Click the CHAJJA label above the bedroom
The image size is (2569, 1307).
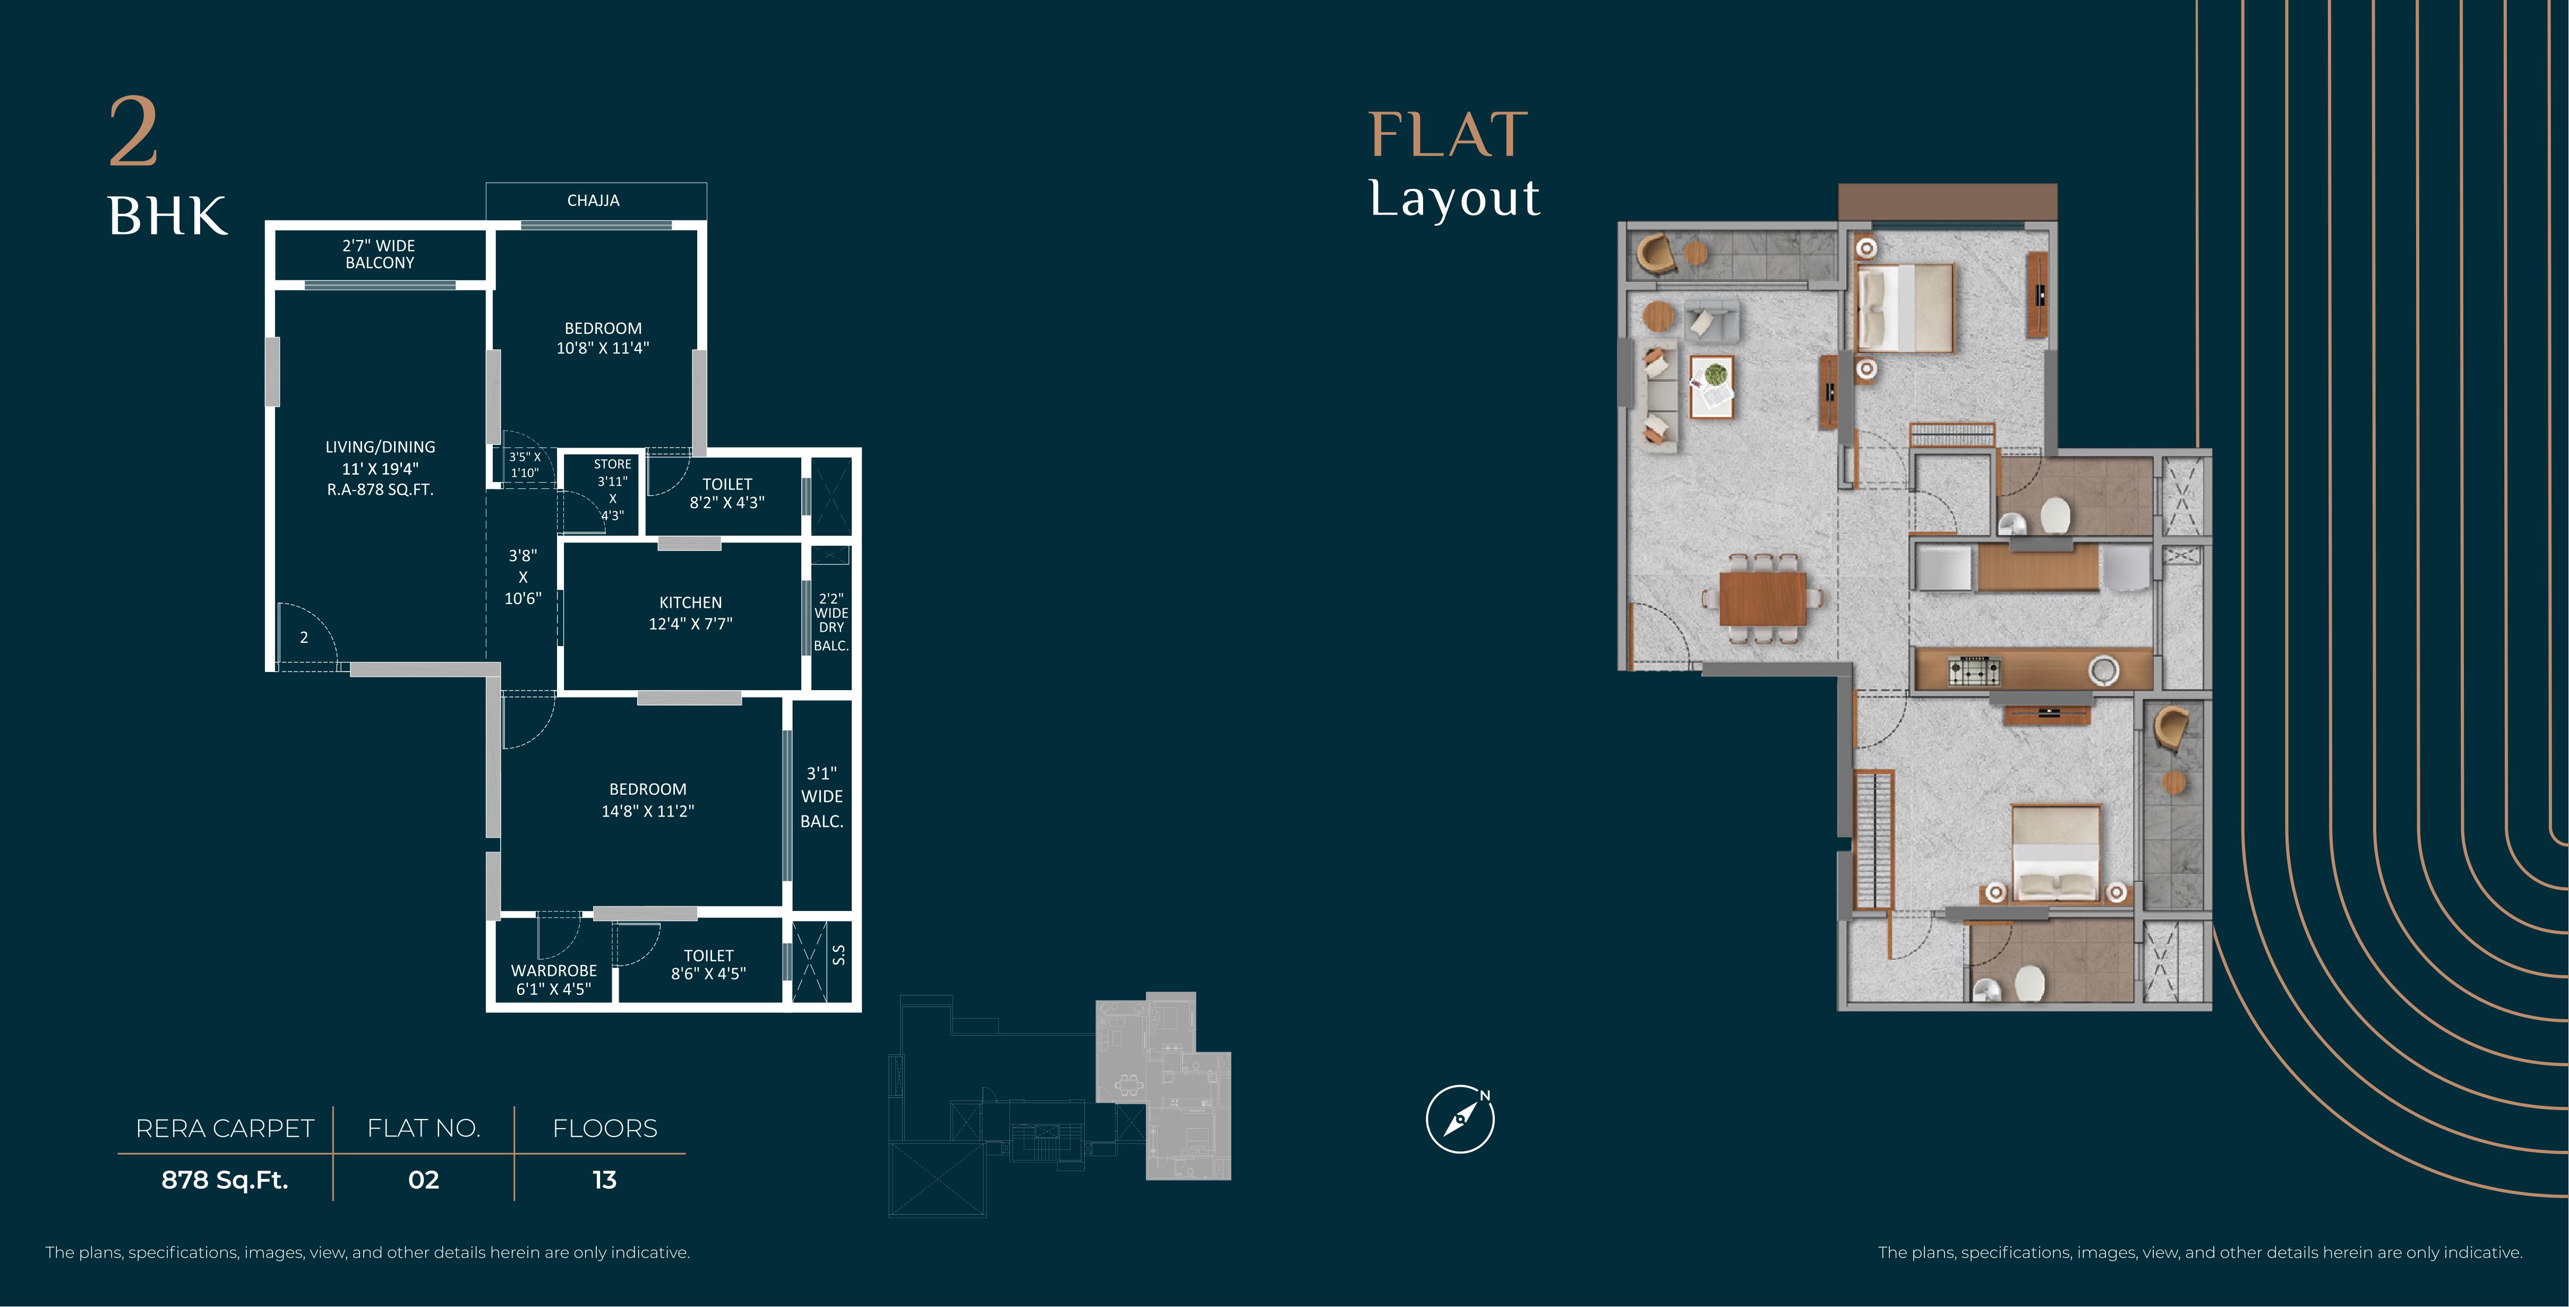pyautogui.click(x=593, y=200)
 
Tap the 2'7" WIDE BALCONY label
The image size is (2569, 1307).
pyautogui.click(x=379, y=254)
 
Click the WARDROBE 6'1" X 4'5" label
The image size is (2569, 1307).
pyautogui.click(x=553, y=979)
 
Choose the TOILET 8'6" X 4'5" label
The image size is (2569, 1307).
pyautogui.click(x=708, y=964)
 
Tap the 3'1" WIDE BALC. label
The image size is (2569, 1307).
pyautogui.click(x=822, y=796)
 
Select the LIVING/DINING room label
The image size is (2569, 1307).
pyautogui.click(x=380, y=468)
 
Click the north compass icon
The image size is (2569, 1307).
pyautogui.click(x=1460, y=1119)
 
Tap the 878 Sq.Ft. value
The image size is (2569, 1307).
pyautogui.click(x=225, y=1180)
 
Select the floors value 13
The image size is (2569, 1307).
pyautogui.click(x=604, y=1180)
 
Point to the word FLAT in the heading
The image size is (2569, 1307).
pyautogui.click(x=1448, y=135)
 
